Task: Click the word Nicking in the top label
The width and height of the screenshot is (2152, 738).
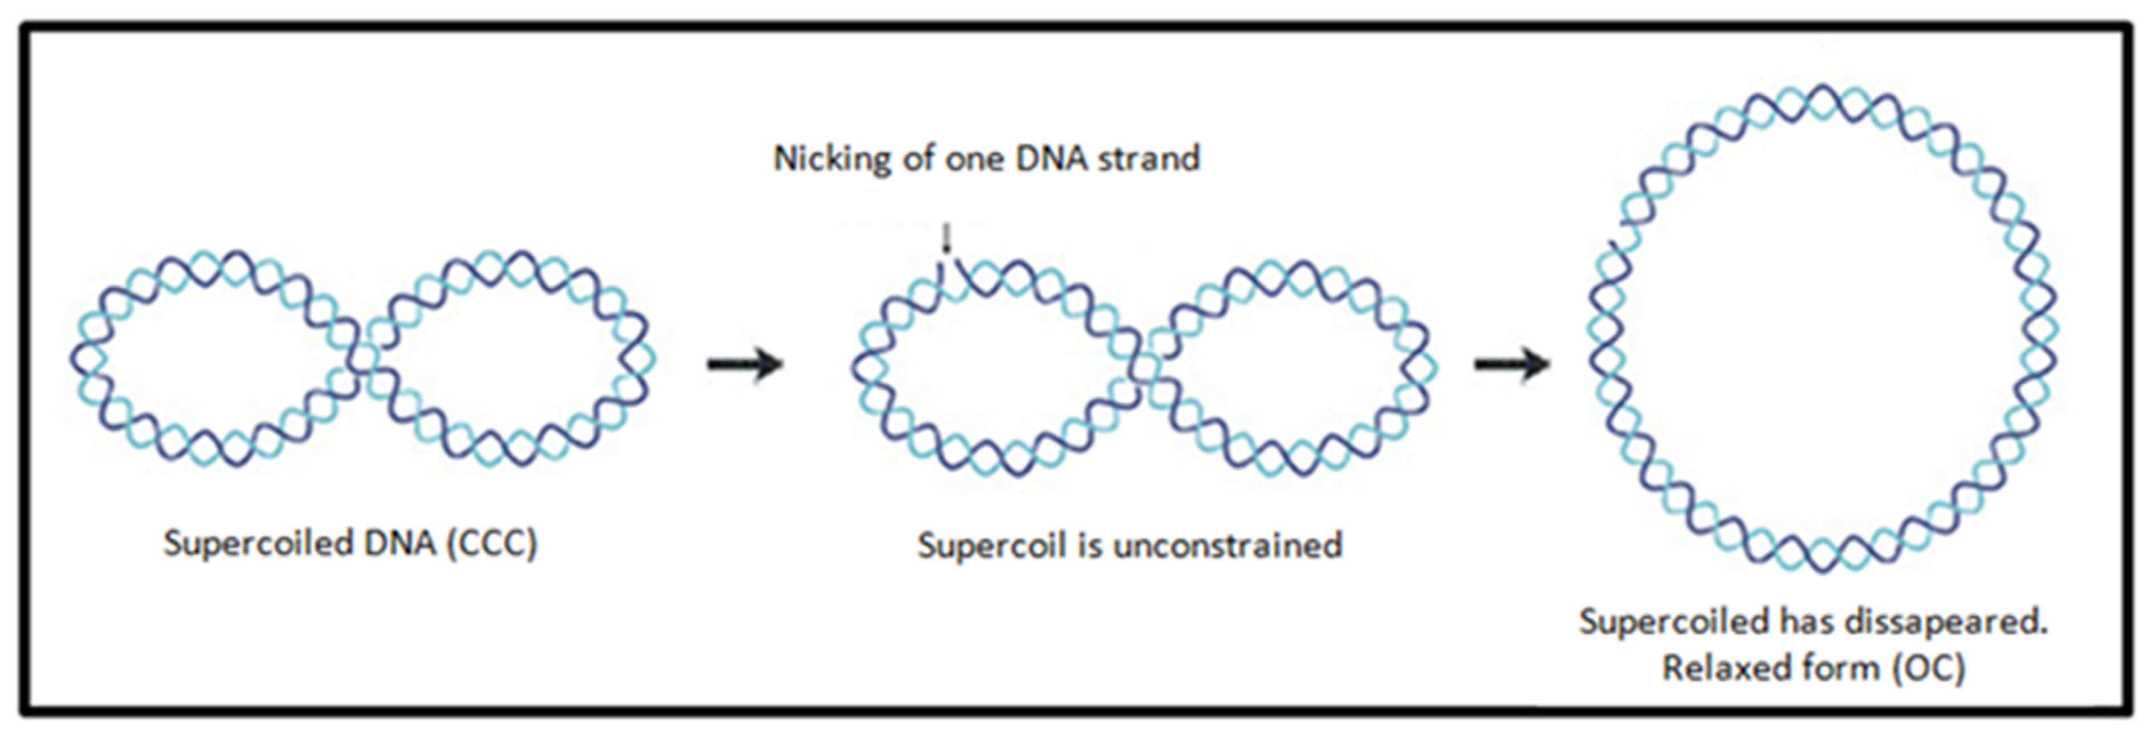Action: click(x=832, y=159)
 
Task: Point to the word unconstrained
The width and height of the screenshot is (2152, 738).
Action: click(x=1228, y=546)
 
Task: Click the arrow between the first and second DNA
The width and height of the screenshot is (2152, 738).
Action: click(x=744, y=363)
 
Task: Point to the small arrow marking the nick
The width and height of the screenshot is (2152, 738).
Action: click(x=947, y=238)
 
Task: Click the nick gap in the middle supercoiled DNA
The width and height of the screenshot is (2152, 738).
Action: click(x=949, y=272)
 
